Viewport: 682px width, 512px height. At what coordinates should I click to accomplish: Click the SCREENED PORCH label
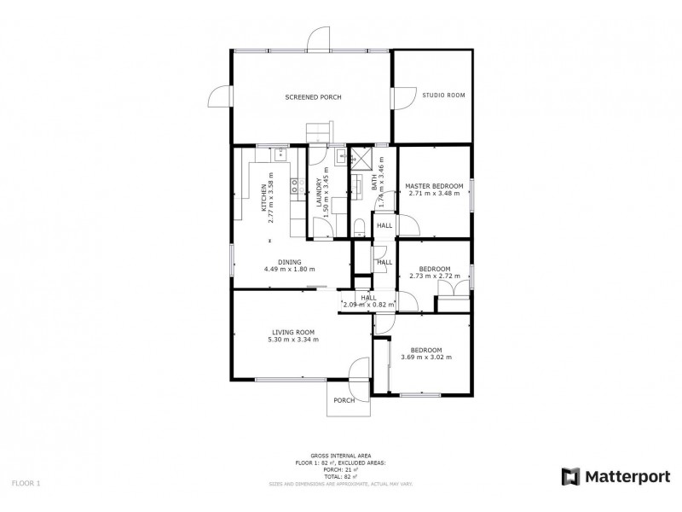point(313,97)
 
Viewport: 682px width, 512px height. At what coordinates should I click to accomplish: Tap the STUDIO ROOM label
point(443,95)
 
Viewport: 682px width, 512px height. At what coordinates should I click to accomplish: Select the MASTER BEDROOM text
point(434,185)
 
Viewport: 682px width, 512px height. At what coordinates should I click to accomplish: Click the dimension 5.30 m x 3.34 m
point(295,339)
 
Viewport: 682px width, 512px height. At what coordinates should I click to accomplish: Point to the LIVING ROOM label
point(294,332)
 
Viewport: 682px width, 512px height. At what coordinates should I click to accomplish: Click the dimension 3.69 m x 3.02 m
point(426,357)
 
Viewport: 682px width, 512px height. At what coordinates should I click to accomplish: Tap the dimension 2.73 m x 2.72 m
point(434,276)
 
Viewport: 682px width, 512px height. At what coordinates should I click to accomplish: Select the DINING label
point(290,262)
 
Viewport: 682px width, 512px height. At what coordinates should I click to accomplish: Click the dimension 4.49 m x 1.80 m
point(290,270)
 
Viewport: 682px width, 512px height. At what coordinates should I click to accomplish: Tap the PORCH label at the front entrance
point(344,400)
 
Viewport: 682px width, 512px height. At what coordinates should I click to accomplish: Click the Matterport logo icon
point(569,476)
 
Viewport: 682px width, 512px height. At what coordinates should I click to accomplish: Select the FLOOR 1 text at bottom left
point(26,483)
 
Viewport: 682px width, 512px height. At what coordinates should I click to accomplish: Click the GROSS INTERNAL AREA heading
point(340,457)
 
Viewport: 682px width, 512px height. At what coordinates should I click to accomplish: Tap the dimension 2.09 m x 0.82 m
point(368,304)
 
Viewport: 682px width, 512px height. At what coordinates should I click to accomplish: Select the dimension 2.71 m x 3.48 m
point(434,193)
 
